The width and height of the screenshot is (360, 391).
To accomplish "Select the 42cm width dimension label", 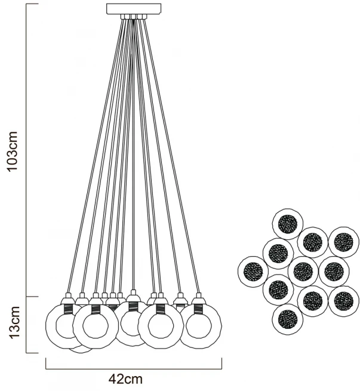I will (x=125, y=378).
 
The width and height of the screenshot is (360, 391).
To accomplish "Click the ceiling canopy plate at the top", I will (x=134, y=8).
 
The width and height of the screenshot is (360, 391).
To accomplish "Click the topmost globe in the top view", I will (x=288, y=224).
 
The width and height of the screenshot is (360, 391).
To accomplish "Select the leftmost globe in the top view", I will (x=253, y=272).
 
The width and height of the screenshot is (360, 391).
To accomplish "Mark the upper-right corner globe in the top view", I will (x=343, y=241).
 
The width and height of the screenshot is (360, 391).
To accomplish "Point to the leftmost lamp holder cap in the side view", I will (x=67, y=298).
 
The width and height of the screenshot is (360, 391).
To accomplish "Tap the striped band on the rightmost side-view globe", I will (x=198, y=309).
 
